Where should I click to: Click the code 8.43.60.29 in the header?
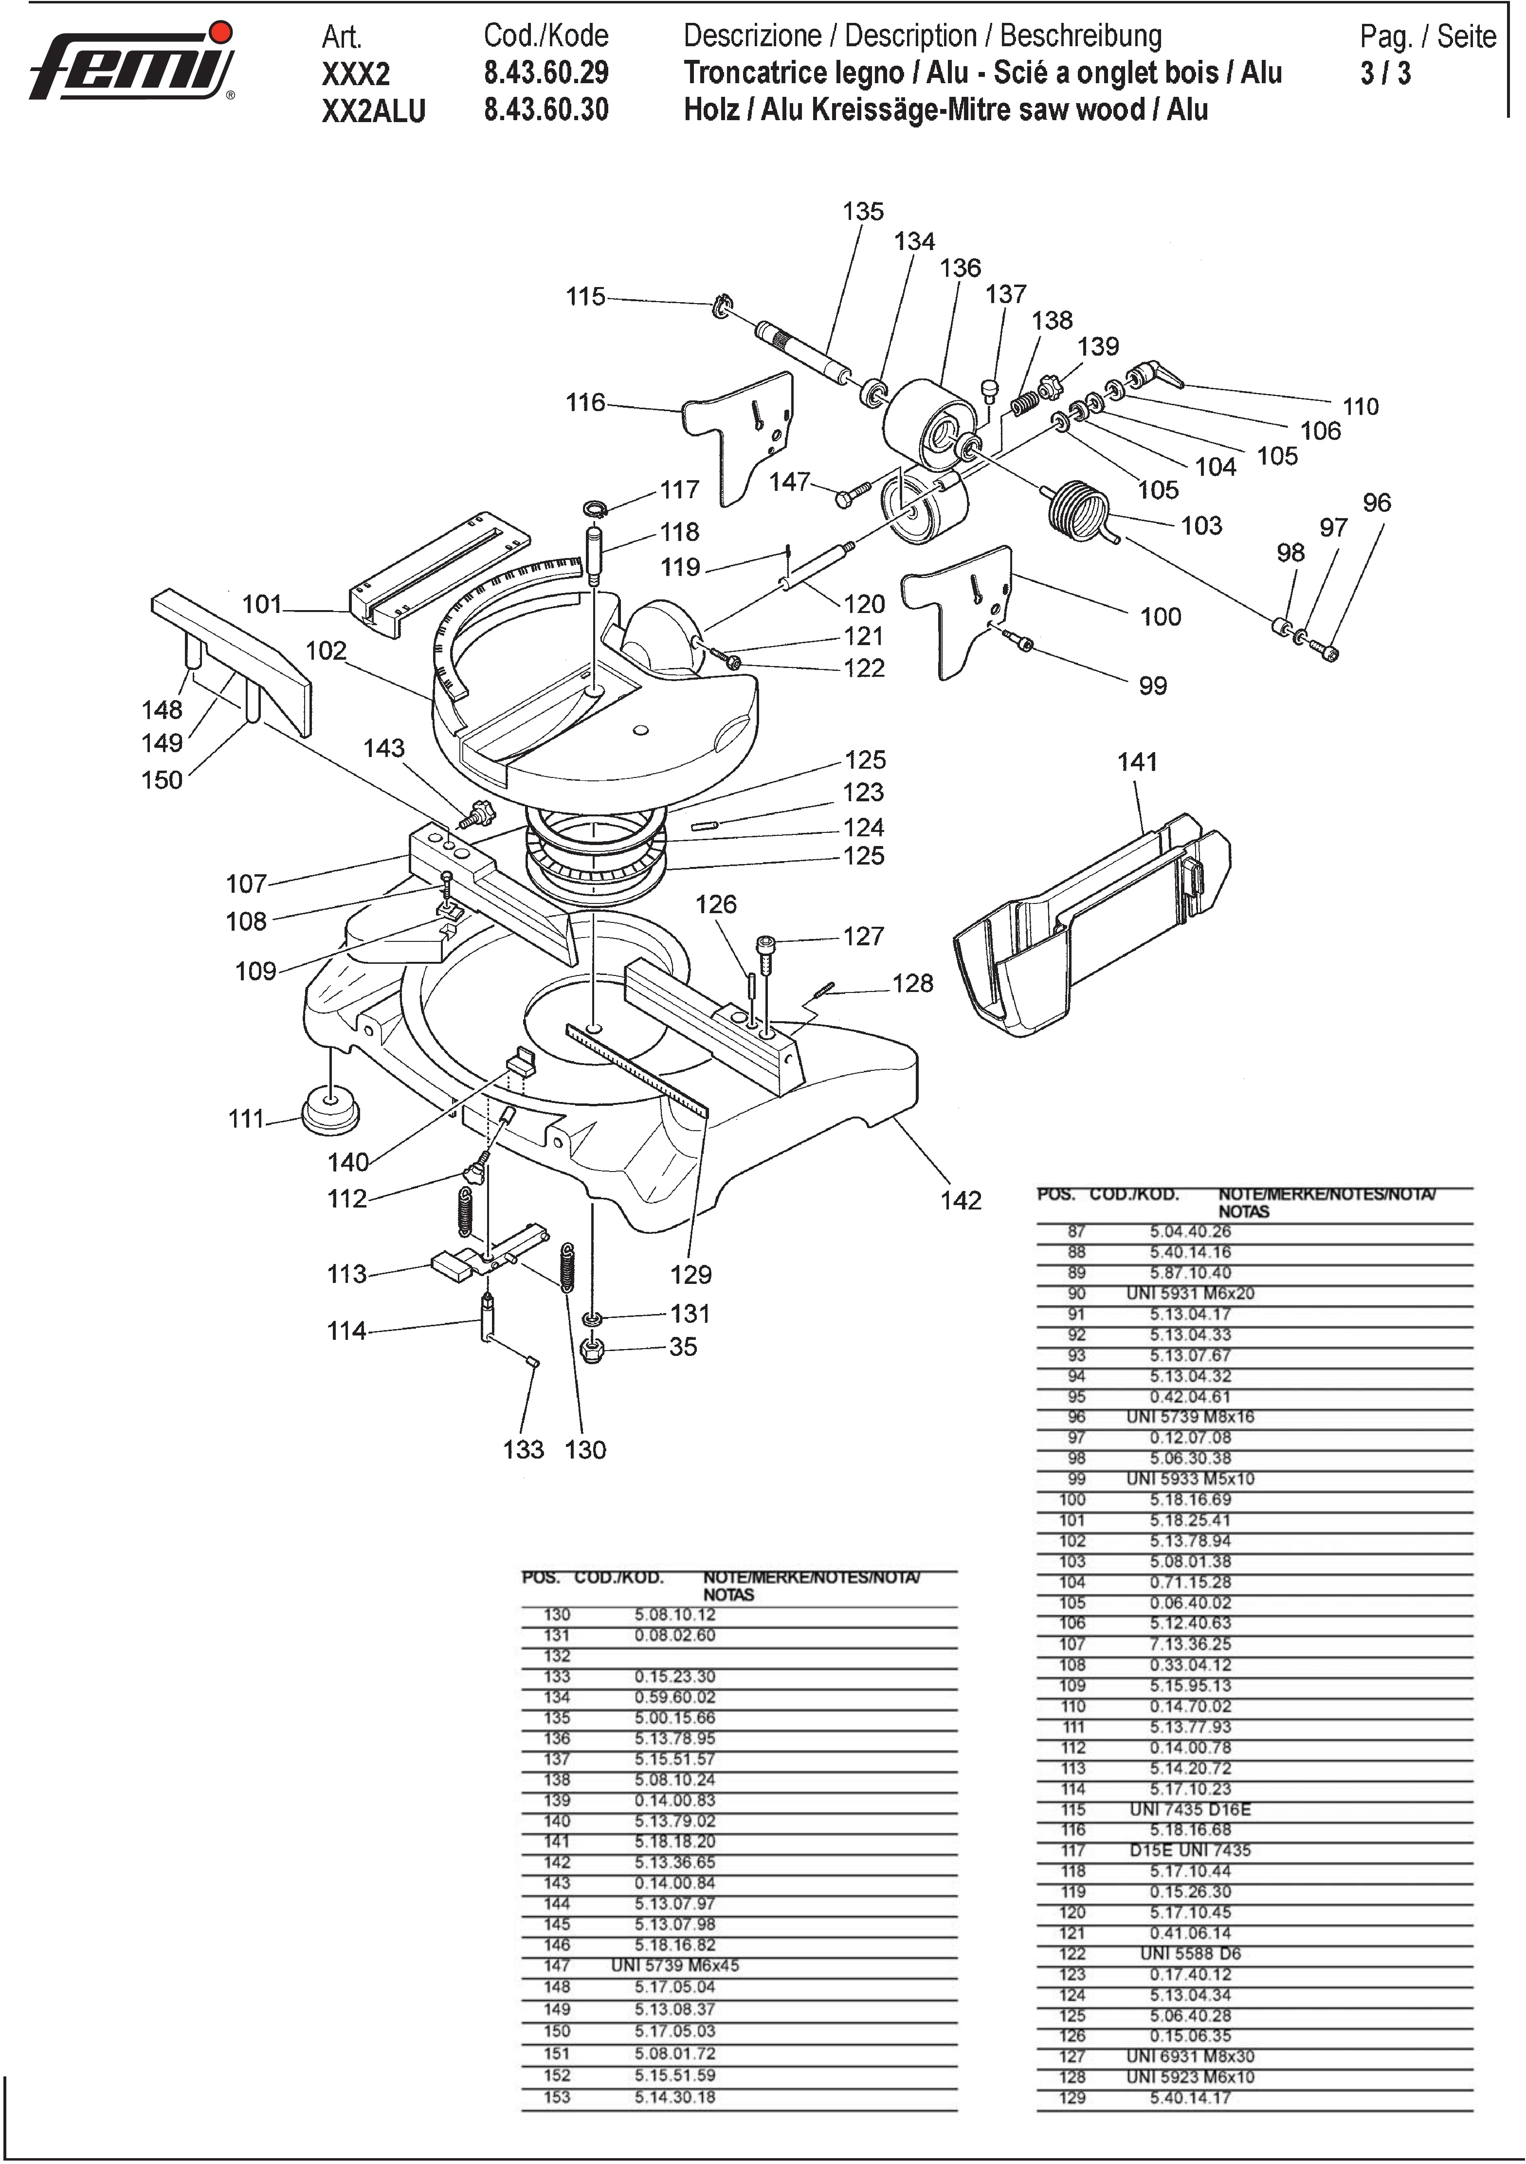[x=546, y=72]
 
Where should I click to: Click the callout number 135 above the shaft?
[x=863, y=211]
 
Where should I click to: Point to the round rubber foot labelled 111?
[x=330, y=1113]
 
